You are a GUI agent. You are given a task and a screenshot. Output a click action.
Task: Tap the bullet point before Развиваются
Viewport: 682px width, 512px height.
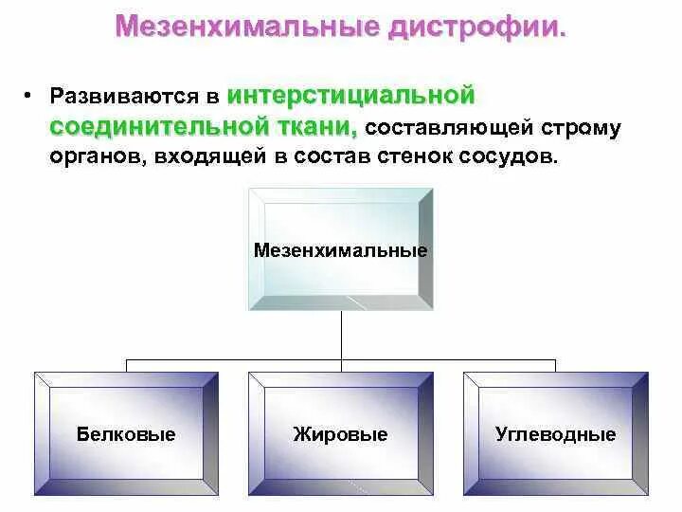coord(29,95)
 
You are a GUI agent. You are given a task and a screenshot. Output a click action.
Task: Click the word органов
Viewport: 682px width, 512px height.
coord(95,157)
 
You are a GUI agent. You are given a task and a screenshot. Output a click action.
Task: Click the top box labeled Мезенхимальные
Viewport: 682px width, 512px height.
coord(340,250)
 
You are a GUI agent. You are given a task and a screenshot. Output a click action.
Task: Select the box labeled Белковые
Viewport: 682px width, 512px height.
coord(126,433)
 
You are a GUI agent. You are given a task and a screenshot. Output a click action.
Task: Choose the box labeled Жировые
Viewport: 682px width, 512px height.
coord(340,433)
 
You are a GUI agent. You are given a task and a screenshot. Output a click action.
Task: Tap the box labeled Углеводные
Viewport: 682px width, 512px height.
coord(555,433)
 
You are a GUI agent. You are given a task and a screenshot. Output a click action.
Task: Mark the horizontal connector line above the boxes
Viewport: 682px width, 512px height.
coord(237,360)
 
